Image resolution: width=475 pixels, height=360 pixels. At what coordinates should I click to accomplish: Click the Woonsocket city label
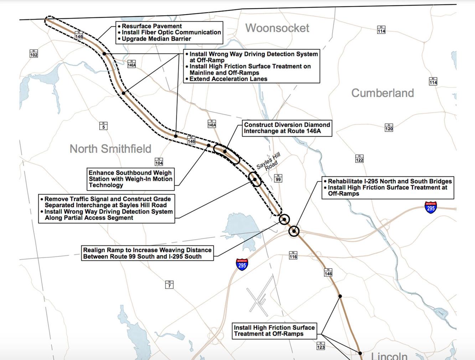point(277,28)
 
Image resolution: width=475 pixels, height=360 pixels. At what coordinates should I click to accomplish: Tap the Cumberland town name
point(382,93)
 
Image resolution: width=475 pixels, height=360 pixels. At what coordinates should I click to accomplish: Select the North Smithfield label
point(110,149)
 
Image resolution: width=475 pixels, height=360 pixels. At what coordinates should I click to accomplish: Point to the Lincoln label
point(389,356)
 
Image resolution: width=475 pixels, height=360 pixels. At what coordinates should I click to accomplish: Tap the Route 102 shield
point(33,54)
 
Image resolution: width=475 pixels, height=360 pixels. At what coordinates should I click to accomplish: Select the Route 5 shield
point(103,126)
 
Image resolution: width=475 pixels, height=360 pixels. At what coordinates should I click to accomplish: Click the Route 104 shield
point(159,162)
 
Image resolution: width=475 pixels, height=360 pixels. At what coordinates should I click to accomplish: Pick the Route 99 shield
point(278,178)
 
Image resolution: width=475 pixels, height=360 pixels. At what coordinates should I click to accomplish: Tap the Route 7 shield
point(169,285)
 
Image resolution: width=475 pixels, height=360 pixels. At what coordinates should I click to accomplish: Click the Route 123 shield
point(321,346)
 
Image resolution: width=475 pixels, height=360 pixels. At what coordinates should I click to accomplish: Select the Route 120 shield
point(389,128)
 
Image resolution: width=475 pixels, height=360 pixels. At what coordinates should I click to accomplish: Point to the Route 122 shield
point(360,159)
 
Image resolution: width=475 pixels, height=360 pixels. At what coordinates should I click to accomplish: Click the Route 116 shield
point(293,256)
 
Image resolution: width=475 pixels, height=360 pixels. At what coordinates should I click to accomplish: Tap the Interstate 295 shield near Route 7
point(242,265)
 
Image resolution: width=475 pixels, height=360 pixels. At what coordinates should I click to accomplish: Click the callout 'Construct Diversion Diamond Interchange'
point(287,128)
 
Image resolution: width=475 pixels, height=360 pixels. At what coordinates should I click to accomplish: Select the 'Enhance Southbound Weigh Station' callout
point(130,179)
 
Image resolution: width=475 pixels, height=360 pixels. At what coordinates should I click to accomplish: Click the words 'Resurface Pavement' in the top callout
point(152,26)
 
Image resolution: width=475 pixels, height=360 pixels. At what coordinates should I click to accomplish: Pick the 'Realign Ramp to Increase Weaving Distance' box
point(147,253)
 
